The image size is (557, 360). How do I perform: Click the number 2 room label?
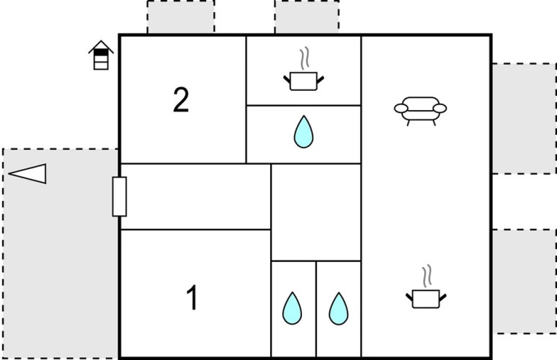tap(181, 100)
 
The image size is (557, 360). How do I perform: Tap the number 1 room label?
tap(192, 297)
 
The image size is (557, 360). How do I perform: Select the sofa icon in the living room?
tap(420, 111)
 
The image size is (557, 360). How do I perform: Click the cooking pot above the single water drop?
tap(303, 81)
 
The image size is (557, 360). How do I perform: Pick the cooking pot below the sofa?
tap(426, 299)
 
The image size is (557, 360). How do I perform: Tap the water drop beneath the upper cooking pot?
tap(304, 132)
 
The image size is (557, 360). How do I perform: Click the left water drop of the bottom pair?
tap(292, 308)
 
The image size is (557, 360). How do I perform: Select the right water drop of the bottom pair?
tap(339, 309)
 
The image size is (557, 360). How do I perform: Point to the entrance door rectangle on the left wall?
tap(120, 197)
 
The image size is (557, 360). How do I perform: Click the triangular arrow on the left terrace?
tap(27, 174)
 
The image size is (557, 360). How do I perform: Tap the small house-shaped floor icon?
tap(102, 55)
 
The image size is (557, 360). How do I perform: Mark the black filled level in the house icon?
tap(101, 53)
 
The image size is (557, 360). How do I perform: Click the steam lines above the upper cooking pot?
tap(304, 58)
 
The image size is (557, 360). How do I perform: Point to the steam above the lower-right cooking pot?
tap(427, 276)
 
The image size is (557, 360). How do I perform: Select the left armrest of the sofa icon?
tap(401, 108)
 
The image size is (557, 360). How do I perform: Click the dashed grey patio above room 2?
tap(181, 17)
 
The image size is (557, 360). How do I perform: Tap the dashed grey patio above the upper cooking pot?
tap(306, 17)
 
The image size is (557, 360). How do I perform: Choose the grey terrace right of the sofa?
tap(525, 119)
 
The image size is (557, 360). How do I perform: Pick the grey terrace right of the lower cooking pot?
tap(525, 282)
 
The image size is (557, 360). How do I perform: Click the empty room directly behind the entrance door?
tap(196, 197)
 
